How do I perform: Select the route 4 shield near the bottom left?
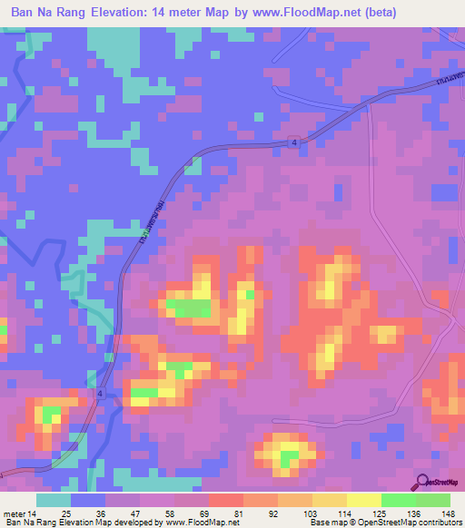pos(99,393)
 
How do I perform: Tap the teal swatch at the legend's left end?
pos(54,500)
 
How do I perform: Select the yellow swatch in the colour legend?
pos(363,500)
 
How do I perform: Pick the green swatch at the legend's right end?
pos(432,500)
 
